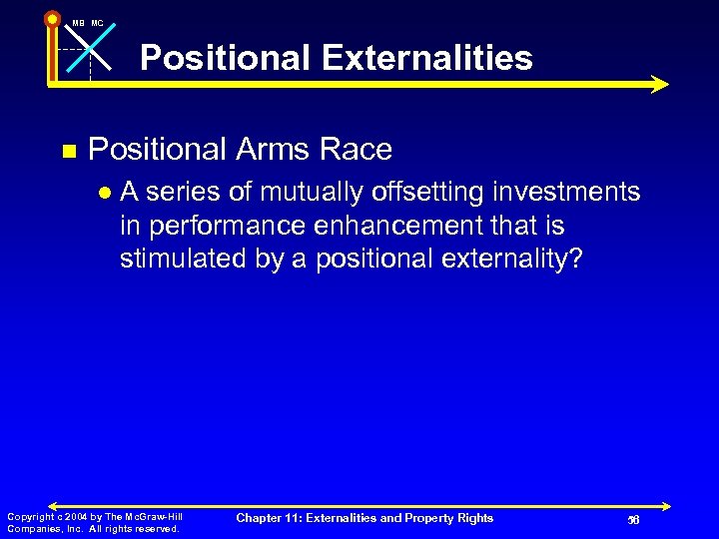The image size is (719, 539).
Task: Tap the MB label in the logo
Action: point(78,23)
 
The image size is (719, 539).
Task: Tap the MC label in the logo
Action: point(97,23)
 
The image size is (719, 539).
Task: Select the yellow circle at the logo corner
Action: point(52,18)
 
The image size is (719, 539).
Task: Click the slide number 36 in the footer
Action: point(632,519)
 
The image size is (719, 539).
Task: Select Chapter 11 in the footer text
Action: point(270,518)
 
